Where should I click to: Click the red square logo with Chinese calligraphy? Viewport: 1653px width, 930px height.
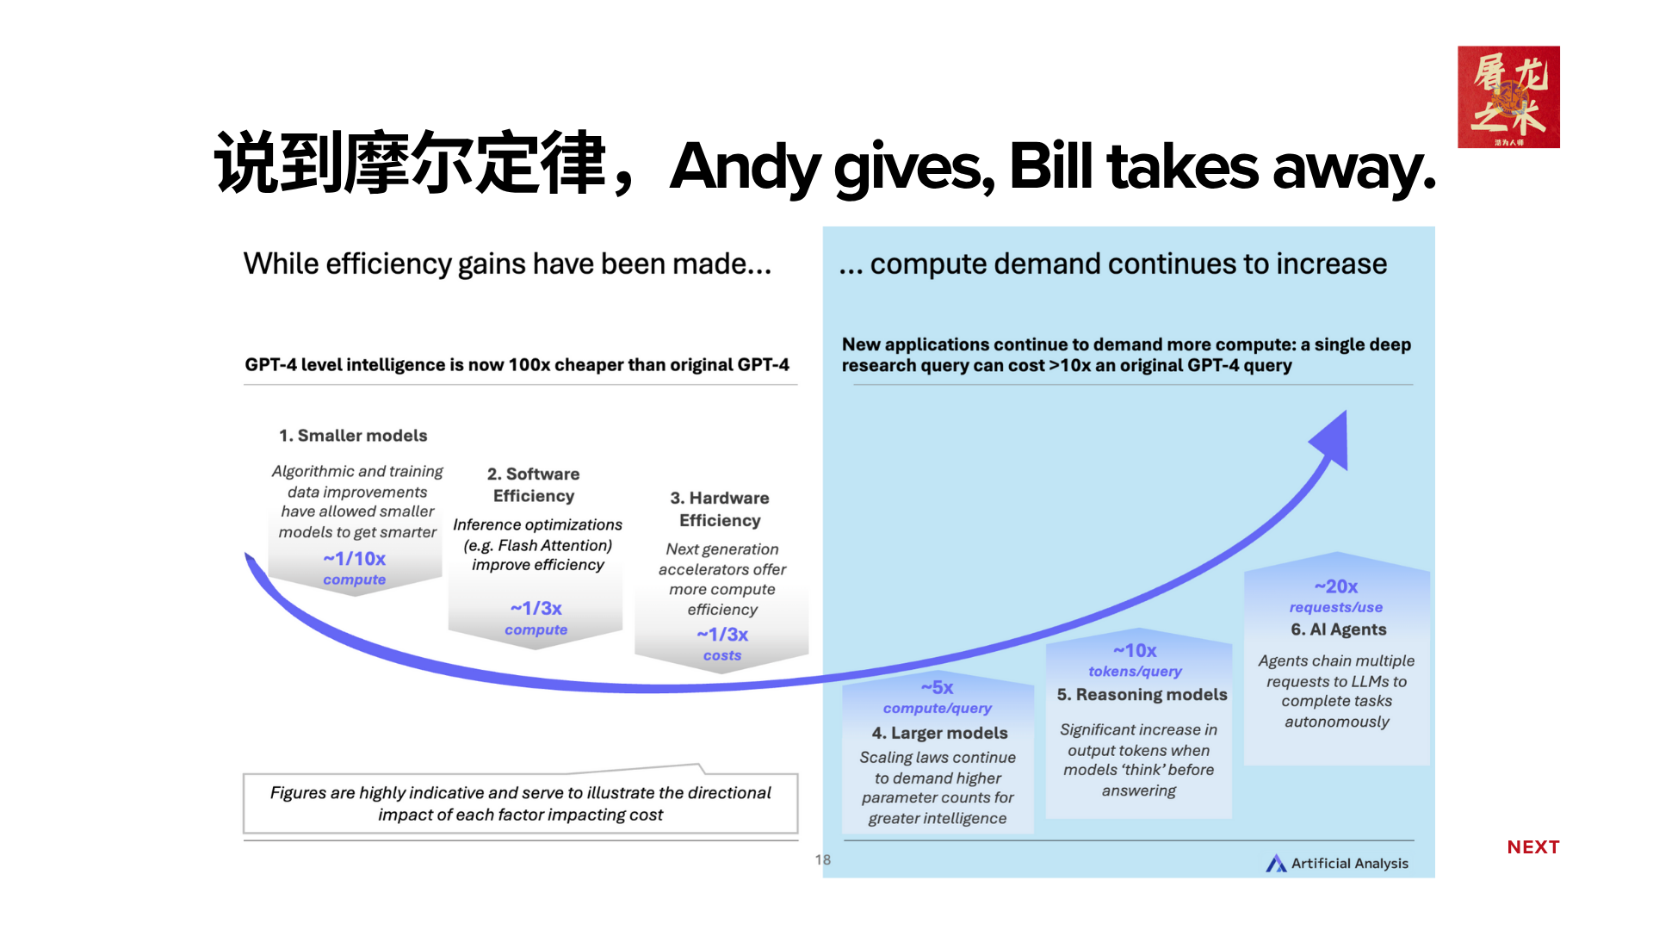[x=1508, y=96]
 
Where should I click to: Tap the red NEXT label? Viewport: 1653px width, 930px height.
[x=1533, y=847]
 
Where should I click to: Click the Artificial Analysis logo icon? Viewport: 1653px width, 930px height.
[x=1276, y=863]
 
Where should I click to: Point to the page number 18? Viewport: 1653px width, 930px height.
[x=823, y=859]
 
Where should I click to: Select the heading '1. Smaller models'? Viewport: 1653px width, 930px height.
[x=353, y=436]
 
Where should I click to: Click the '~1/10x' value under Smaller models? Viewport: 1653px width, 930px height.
[x=355, y=559]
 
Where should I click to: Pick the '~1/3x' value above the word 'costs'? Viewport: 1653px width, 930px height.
[x=722, y=635]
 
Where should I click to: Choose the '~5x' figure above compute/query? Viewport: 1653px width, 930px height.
[x=938, y=687]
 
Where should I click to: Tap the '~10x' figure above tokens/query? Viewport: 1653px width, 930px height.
[x=1135, y=651]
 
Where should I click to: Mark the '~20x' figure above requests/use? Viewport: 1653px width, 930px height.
[x=1336, y=586]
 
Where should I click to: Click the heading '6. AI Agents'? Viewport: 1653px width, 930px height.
[x=1339, y=629]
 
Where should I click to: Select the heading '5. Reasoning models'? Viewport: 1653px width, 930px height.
[x=1142, y=695]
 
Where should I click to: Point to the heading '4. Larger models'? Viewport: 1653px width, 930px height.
[x=939, y=733]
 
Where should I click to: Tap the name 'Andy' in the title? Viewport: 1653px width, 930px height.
[x=745, y=167]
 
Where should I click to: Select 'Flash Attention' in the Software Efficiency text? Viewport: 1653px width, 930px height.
[x=554, y=545]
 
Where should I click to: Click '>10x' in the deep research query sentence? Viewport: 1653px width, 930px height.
[x=1070, y=366]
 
